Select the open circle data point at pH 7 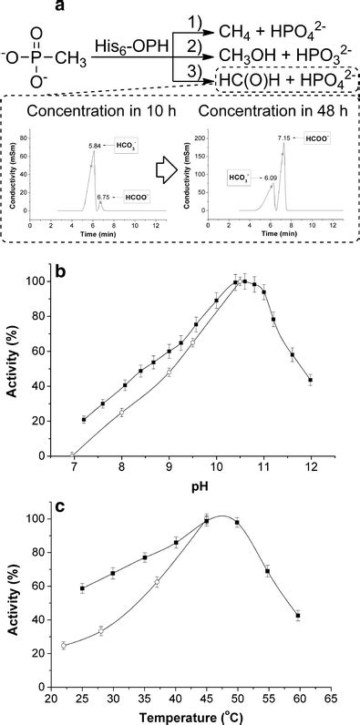point(73,454)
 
